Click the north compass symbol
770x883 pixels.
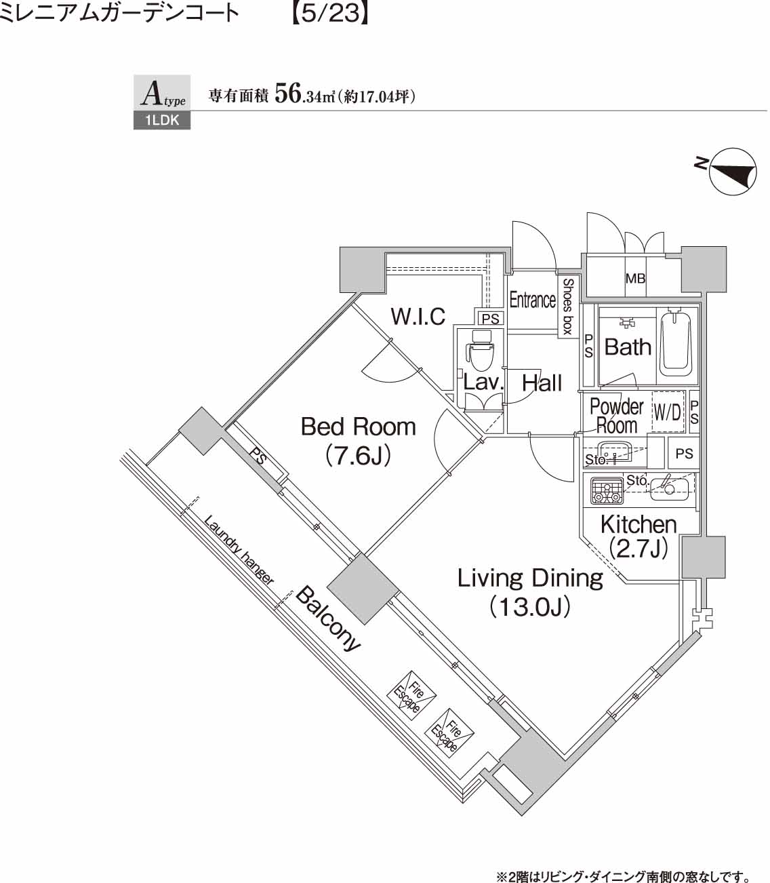[x=732, y=172]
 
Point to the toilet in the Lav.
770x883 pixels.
[x=481, y=353]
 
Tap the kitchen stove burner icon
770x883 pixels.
[x=607, y=490]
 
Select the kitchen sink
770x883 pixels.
[x=669, y=488]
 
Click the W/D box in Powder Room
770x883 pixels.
[x=667, y=412]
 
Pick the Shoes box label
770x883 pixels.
[x=567, y=306]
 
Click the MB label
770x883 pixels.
[x=635, y=278]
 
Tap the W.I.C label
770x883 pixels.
[x=418, y=316]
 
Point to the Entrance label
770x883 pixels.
[x=532, y=300]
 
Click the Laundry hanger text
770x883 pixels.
[x=239, y=550]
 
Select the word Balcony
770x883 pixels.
[x=329, y=619]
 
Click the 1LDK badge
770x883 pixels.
[x=161, y=121]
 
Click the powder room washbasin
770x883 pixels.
[x=615, y=450]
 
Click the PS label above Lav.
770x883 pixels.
[x=490, y=318]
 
